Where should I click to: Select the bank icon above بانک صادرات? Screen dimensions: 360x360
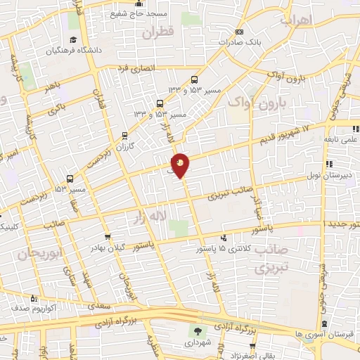pos(238,32)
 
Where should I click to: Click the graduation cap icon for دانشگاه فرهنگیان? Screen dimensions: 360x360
pos(74,41)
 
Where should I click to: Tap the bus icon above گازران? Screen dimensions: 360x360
pos(125,135)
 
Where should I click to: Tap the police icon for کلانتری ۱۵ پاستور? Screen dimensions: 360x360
pos(223,238)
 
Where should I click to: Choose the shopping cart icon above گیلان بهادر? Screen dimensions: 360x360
pos(107,237)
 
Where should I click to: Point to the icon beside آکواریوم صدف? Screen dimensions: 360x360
pos(14,309)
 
